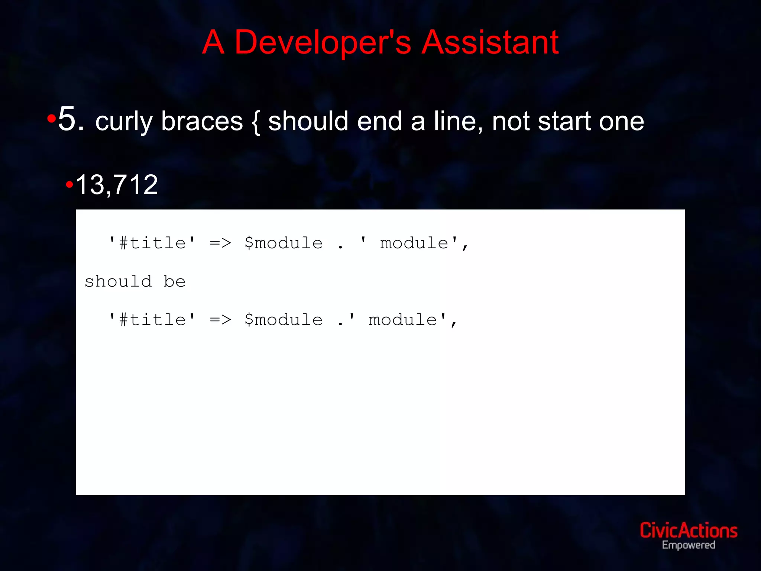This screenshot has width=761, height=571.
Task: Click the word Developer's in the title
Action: [x=323, y=42]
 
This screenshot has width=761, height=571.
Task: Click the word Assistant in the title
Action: [x=490, y=42]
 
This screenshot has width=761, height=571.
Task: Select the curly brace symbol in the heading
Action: [x=255, y=122]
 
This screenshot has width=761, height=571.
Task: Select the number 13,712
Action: [x=117, y=185]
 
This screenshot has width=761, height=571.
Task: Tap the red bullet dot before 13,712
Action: [x=69, y=184]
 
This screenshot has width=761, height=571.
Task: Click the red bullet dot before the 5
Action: [x=52, y=119]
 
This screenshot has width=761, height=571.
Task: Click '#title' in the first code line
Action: [x=152, y=243]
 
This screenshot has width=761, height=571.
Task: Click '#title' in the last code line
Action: [x=152, y=320]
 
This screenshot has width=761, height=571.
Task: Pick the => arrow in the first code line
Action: [x=220, y=243]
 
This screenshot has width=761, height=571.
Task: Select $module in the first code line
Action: [x=284, y=243]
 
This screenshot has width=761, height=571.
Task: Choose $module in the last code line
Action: [x=284, y=320]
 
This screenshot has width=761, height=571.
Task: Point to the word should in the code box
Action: [x=118, y=281]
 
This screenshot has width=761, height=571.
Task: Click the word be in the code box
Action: [x=174, y=281]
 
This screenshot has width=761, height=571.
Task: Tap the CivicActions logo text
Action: [x=688, y=530]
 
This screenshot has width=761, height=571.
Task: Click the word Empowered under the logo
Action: [x=688, y=545]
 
